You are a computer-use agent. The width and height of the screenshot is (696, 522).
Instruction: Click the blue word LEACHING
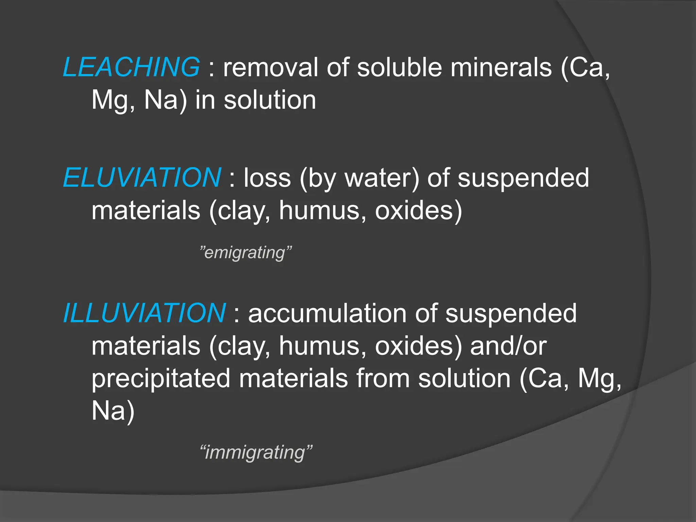pyautogui.click(x=131, y=67)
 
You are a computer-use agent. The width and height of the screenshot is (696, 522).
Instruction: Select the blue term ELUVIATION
pyautogui.click(x=142, y=178)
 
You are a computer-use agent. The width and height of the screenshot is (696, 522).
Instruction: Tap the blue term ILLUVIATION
pyautogui.click(x=144, y=313)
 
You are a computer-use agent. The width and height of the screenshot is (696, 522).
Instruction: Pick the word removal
pyautogui.click(x=271, y=67)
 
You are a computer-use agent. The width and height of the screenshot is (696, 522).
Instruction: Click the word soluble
pyautogui.click(x=400, y=67)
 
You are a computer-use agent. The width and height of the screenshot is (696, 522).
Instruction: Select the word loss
pyautogui.click(x=267, y=178)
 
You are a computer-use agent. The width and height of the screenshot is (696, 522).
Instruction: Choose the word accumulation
pyautogui.click(x=327, y=313)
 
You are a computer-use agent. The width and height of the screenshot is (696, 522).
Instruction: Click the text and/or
pyautogui.click(x=508, y=346)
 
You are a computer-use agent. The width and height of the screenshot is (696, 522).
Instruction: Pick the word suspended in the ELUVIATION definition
pyautogui.click(x=523, y=178)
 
